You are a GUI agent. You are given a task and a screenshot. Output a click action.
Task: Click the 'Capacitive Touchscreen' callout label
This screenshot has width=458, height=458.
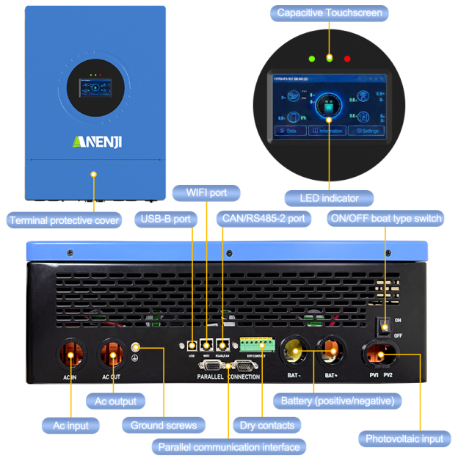pyautogui.click(x=329, y=12)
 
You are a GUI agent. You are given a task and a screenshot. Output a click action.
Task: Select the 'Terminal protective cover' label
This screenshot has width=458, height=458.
pyautogui.click(x=64, y=219)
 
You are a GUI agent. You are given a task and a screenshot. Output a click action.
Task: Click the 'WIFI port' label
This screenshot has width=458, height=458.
pyautogui.click(x=206, y=193)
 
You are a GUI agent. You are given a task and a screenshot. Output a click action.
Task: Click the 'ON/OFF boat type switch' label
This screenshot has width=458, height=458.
pyautogui.click(x=385, y=219)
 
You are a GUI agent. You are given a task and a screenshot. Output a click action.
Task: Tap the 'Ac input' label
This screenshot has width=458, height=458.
pyautogui.click(x=70, y=425)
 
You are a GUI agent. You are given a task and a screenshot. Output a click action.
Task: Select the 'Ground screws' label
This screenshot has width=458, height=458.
pyautogui.click(x=164, y=425)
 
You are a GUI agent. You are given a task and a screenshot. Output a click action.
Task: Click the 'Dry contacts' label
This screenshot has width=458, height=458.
pyautogui.click(x=266, y=425)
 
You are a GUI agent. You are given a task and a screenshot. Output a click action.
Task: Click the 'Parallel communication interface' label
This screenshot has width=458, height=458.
pyautogui.click(x=228, y=446)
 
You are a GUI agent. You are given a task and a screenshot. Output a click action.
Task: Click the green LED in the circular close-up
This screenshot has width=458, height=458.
pyautogui.click(x=313, y=58)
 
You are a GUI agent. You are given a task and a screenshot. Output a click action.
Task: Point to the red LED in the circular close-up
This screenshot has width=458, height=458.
pyautogui.click(x=348, y=58)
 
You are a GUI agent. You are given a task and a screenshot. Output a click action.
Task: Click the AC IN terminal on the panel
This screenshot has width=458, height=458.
pyautogui.click(x=70, y=355)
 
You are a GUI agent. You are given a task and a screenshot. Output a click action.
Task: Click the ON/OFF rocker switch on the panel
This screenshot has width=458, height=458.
pyautogui.click(x=383, y=327)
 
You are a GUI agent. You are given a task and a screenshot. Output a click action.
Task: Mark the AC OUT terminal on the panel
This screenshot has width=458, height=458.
pyautogui.click(x=113, y=355)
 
